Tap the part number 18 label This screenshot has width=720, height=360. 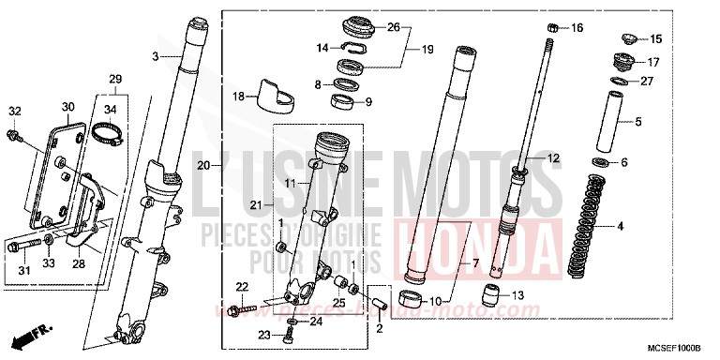point(239,96)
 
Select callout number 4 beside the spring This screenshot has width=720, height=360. point(645,226)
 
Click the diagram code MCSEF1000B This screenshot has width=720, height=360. point(682,350)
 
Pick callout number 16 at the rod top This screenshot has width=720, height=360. point(577,28)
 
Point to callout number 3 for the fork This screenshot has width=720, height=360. point(157,58)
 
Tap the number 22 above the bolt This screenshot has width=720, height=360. point(241,286)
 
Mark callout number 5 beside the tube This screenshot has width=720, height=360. point(638,121)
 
